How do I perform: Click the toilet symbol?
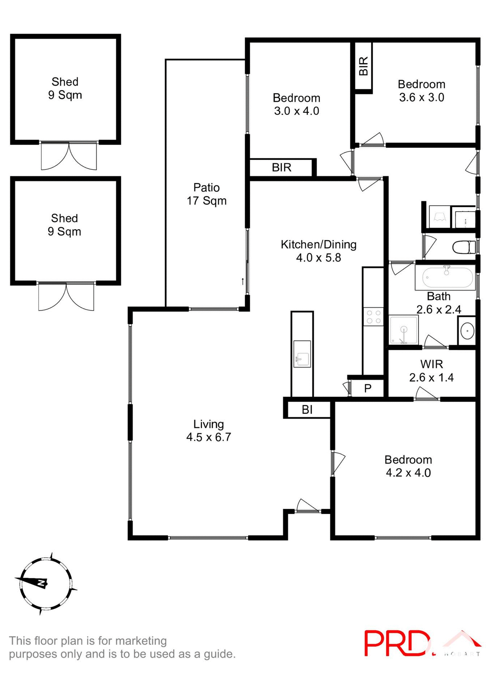click(x=464, y=248)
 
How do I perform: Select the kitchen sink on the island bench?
click(x=302, y=354)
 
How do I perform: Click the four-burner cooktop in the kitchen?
click(x=373, y=317)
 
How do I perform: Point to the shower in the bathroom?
click(x=404, y=330)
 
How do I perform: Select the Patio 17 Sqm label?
click(x=206, y=194)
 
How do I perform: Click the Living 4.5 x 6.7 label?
click(x=209, y=430)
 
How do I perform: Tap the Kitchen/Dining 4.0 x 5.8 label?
click(x=319, y=251)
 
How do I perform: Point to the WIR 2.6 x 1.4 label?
click(x=431, y=371)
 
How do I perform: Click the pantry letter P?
click(x=368, y=389)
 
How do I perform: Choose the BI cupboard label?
click(x=307, y=410)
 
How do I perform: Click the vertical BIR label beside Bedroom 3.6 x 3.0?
click(x=363, y=66)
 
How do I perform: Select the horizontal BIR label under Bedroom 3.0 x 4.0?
click(x=282, y=167)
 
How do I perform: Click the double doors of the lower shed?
click(x=66, y=297)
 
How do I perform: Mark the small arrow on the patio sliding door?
click(x=243, y=281)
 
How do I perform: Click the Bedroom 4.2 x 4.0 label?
click(x=408, y=466)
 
